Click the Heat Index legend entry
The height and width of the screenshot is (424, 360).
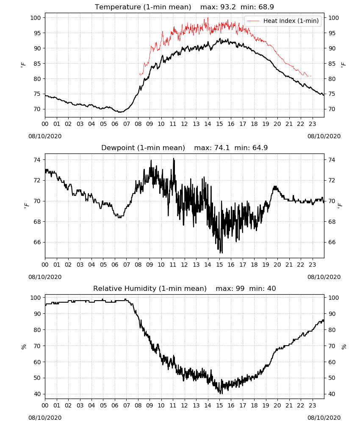[283, 21]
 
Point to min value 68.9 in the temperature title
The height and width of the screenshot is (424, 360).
[266, 7]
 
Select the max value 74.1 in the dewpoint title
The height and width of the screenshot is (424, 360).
[222, 148]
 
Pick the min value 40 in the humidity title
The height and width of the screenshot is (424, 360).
[271, 288]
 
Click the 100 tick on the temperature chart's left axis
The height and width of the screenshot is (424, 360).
[36, 18]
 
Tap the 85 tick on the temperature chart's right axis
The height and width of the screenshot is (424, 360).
[332, 64]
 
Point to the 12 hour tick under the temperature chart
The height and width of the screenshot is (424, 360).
[184, 124]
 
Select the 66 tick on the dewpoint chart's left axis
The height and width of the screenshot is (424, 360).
[37, 242]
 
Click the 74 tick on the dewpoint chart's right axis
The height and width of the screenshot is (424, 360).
[332, 160]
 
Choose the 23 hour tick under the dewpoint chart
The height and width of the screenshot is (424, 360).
[312, 265]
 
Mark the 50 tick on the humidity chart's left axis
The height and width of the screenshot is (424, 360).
[37, 378]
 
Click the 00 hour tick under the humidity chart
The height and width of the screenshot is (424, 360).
[45, 405]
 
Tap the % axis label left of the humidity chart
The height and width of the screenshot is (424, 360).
[24, 347]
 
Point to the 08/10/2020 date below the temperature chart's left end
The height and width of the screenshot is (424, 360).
[45, 136]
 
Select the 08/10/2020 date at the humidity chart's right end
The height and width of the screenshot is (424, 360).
[324, 418]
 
